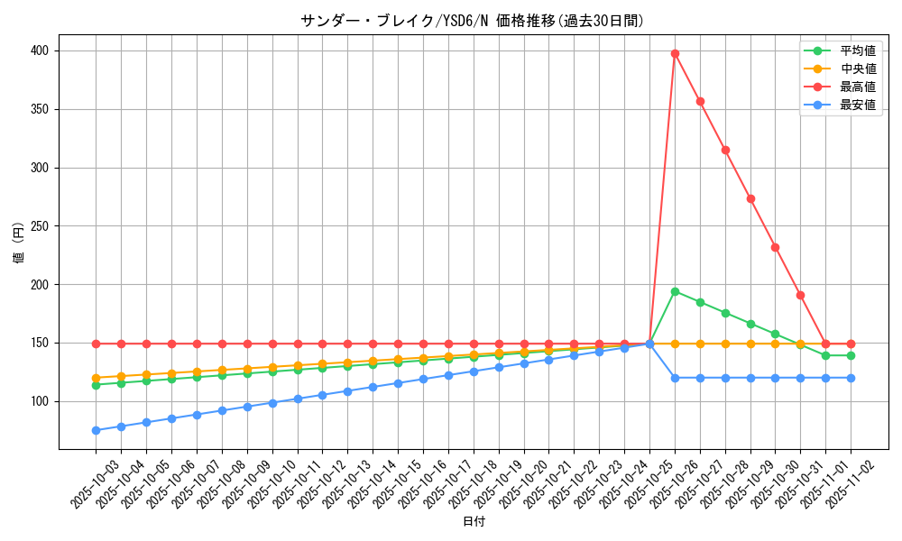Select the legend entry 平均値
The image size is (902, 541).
click(x=857, y=51)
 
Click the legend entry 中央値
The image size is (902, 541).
click(x=857, y=69)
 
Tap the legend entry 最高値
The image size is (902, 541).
click(x=857, y=87)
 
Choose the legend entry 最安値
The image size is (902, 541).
click(x=857, y=105)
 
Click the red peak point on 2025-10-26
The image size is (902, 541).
click(x=675, y=53)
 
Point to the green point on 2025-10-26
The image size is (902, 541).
click(x=675, y=291)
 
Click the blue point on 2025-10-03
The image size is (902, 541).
click(x=96, y=430)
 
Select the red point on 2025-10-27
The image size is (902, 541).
click(x=700, y=101)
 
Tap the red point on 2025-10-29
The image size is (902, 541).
click(x=750, y=198)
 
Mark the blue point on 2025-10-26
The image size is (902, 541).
click(x=675, y=378)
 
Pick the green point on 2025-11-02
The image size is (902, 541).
click(x=851, y=355)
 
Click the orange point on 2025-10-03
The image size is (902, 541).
click(x=96, y=378)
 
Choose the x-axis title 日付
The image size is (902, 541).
click(x=474, y=522)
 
